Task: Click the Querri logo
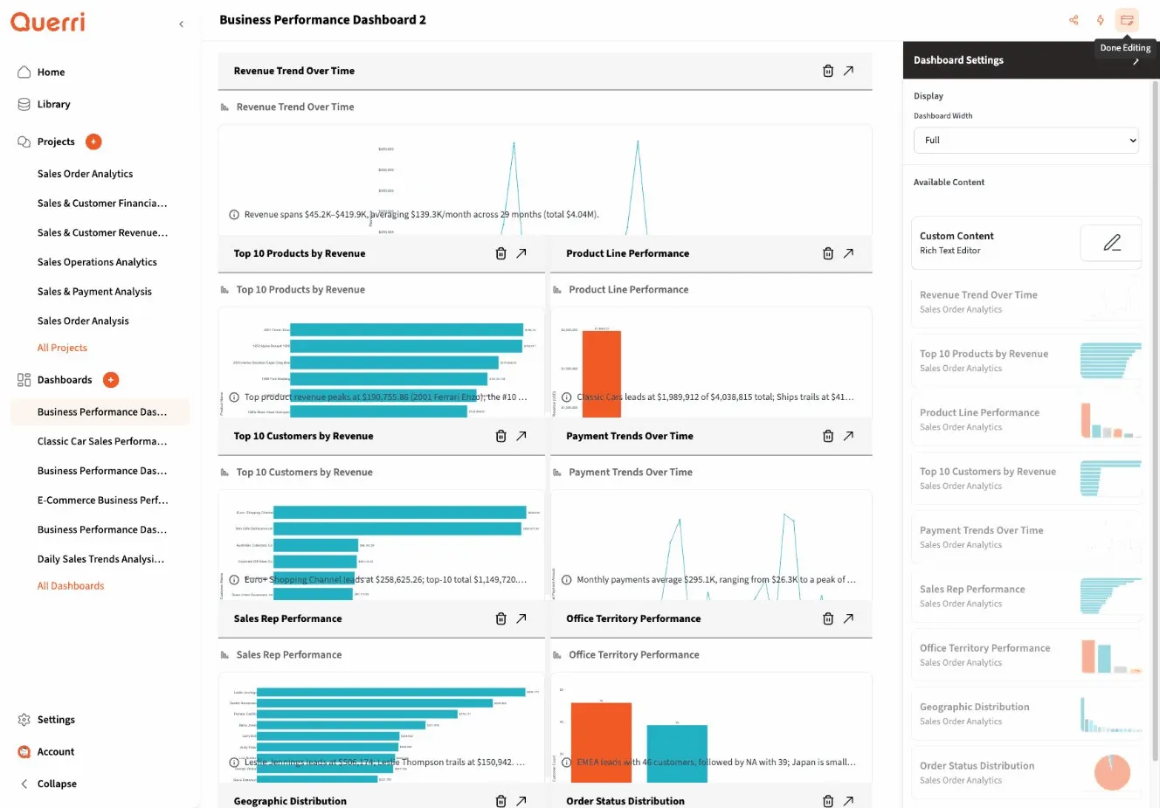pyautogui.click(x=48, y=22)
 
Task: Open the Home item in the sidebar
pyautogui.click(x=51, y=73)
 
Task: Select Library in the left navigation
pyautogui.click(x=53, y=105)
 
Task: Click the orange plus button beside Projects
pyautogui.click(x=93, y=142)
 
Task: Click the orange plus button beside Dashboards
pyautogui.click(x=111, y=380)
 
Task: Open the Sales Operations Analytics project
pyautogui.click(x=97, y=262)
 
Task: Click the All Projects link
pyautogui.click(x=62, y=348)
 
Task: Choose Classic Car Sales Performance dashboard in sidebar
pyautogui.click(x=101, y=441)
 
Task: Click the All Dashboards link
pyautogui.click(x=70, y=586)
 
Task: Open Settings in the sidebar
pyautogui.click(x=56, y=720)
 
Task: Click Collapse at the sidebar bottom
pyautogui.click(x=57, y=784)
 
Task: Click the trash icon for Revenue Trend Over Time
pyautogui.click(x=827, y=71)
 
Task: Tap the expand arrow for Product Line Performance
pyautogui.click(x=848, y=253)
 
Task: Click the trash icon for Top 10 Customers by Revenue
pyautogui.click(x=501, y=436)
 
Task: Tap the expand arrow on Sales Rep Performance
pyautogui.click(x=521, y=618)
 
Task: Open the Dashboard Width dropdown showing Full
pyautogui.click(x=1025, y=141)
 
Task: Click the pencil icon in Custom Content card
pyautogui.click(x=1111, y=243)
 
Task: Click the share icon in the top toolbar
pyautogui.click(x=1074, y=20)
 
